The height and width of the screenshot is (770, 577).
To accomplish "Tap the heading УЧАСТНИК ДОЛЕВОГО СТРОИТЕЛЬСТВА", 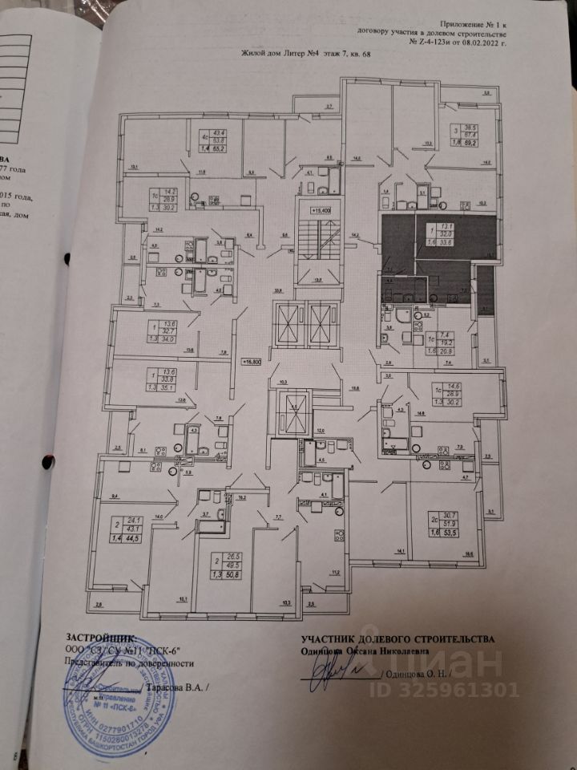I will tap(397, 638).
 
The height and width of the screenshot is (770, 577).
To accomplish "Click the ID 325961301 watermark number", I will tap(453, 690).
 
